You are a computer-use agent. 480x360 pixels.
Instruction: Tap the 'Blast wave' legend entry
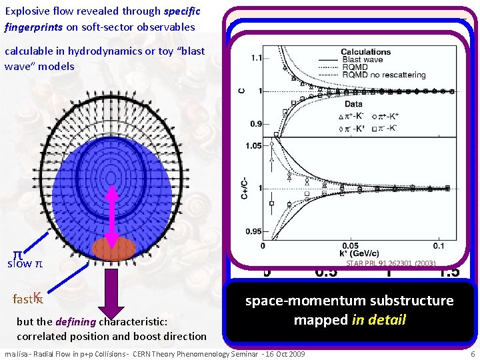pos(363,60)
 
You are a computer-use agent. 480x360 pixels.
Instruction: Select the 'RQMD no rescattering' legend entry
pos(383,75)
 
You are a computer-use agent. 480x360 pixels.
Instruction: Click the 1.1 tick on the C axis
pos(257,58)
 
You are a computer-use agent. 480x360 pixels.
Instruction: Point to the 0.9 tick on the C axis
pos(257,123)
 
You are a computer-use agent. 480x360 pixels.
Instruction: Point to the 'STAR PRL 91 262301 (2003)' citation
pos(391,263)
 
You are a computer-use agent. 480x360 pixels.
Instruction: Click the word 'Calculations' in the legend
pos(365,52)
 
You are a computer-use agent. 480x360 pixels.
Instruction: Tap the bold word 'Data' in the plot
pos(353,104)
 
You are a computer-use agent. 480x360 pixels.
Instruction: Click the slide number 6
pos(472,353)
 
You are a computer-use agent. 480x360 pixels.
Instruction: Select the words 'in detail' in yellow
pos(378,319)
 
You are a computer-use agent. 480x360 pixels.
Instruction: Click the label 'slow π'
pos(25,264)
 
